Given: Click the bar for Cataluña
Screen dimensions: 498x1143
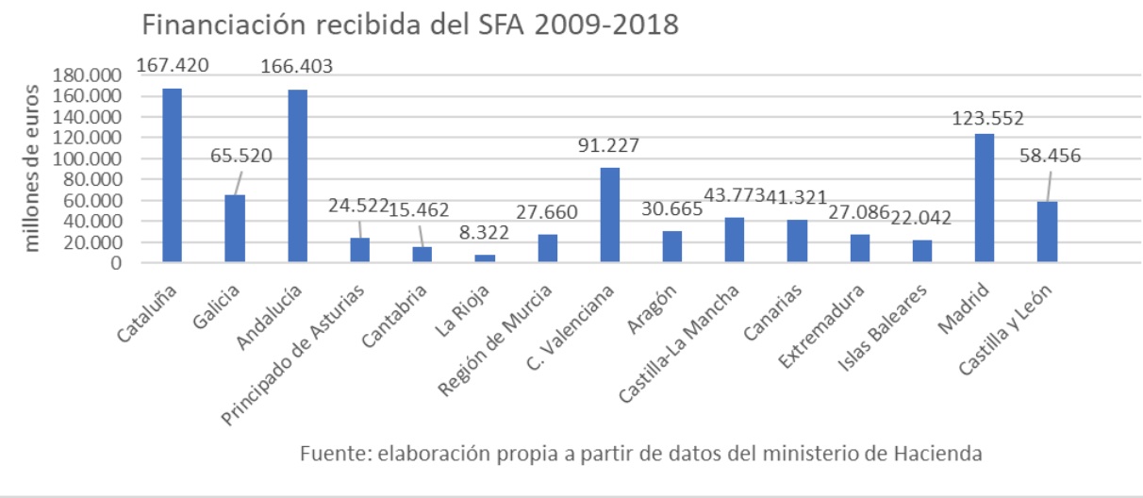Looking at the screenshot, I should tap(172, 175).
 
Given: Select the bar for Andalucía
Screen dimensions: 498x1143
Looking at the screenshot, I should tap(297, 176).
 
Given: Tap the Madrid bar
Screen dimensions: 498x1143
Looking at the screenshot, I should tap(984, 198).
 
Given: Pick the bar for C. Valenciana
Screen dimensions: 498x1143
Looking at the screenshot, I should tap(610, 215).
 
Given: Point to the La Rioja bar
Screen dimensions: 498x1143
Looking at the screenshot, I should tap(485, 258).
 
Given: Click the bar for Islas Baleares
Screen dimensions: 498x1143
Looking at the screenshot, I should tap(921, 252).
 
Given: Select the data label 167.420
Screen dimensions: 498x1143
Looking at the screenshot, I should tap(173, 66).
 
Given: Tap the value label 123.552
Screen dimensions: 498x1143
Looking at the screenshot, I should tap(986, 119).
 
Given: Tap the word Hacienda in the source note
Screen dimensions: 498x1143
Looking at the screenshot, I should tap(939, 454).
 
